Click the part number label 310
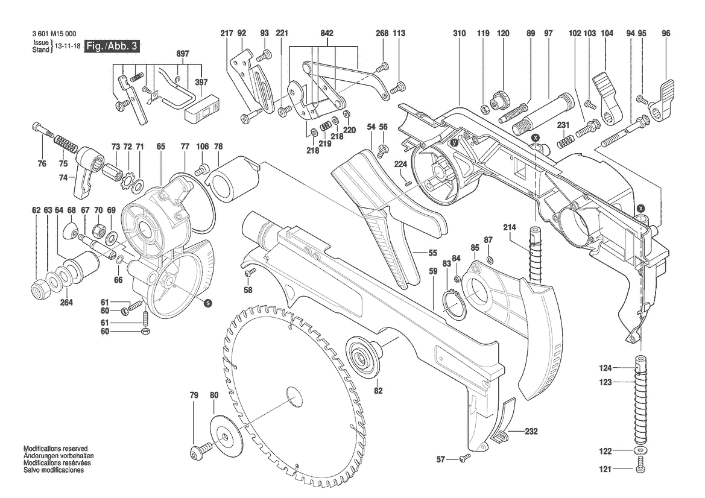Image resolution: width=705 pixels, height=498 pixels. (x=460, y=34)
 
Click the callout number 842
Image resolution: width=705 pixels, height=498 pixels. (x=327, y=34)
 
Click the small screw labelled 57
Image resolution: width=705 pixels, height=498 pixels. (x=464, y=459)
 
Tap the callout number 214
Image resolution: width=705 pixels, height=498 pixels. (x=510, y=227)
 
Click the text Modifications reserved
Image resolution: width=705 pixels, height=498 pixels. (x=55, y=449)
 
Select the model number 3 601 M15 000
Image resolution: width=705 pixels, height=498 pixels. (x=55, y=34)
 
